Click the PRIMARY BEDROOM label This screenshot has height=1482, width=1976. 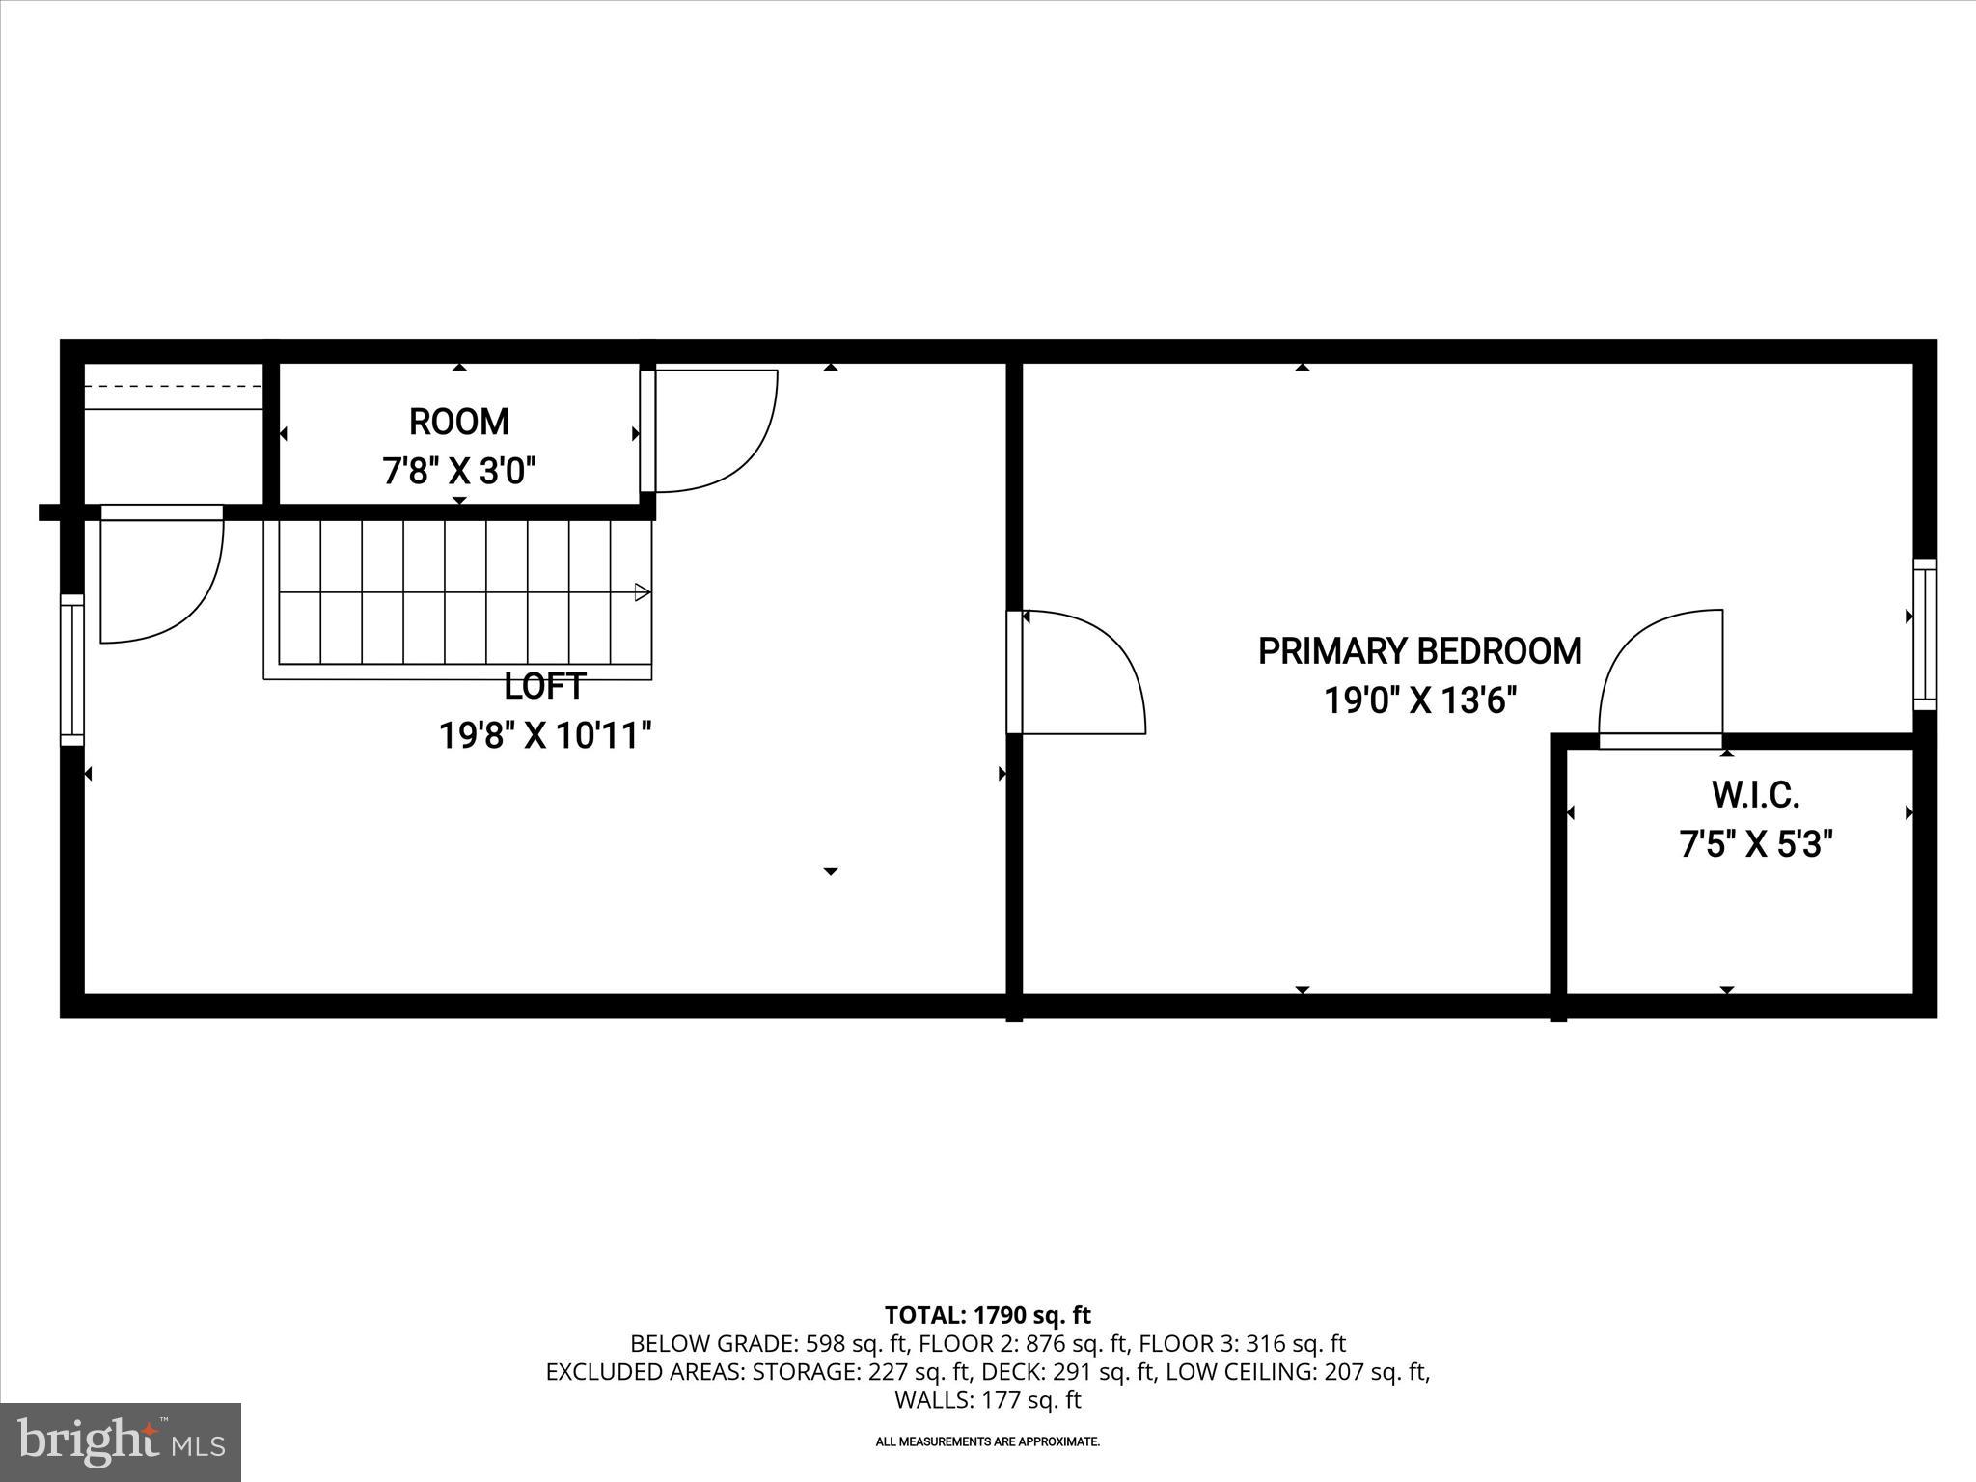coord(1419,651)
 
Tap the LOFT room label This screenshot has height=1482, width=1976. coord(544,687)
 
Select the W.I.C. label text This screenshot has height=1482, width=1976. coord(1755,796)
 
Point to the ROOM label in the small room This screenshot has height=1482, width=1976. coord(459,423)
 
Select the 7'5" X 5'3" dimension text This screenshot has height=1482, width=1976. coord(1756,845)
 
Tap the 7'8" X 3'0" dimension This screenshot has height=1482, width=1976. coord(459,473)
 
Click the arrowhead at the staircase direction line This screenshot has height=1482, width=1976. coord(643,592)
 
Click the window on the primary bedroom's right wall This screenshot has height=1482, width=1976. coord(1924,634)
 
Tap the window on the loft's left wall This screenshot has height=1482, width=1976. coord(72,670)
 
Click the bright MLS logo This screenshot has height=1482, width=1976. coord(121,1442)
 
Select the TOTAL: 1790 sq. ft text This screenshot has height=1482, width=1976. coord(987,1315)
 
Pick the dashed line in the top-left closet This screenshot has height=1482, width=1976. coord(174,386)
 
